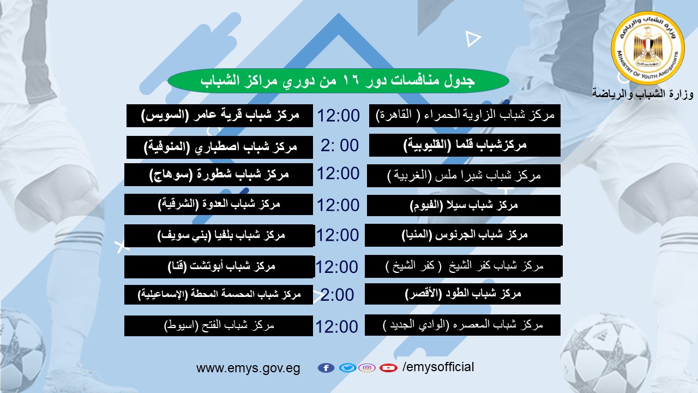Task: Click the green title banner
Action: click(x=338, y=80)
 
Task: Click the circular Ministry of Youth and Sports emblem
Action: click(x=648, y=47)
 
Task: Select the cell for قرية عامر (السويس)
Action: click(x=219, y=115)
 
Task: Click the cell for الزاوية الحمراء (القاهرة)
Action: click(x=465, y=115)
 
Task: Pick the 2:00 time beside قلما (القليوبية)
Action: click(x=340, y=145)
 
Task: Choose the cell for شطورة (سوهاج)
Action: click(x=219, y=174)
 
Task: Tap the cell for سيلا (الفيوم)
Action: click(x=464, y=205)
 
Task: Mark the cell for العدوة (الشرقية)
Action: click(x=219, y=204)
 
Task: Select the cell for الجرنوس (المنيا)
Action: click(x=464, y=235)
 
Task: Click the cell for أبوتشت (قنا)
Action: click(x=219, y=267)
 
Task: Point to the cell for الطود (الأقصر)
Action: click(x=462, y=294)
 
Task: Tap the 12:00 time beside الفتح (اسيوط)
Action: click(x=337, y=326)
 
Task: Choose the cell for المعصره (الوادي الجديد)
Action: click(x=462, y=325)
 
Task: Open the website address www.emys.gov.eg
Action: click(x=248, y=368)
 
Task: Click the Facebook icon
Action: click(x=326, y=368)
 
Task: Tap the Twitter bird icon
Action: click(x=347, y=368)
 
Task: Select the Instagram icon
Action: click(x=367, y=368)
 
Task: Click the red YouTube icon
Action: click(x=388, y=368)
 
